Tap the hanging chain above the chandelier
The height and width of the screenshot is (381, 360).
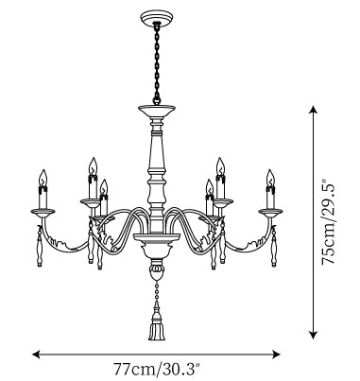[157, 63]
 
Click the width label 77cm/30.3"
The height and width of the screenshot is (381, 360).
[157, 369]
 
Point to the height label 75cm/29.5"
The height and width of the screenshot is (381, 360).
[328, 222]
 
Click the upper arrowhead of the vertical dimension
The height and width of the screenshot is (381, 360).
[313, 110]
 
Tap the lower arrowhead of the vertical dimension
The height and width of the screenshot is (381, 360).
[313, 335]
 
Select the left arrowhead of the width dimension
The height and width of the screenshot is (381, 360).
[36, 355]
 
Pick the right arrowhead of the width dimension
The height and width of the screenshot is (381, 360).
[276, 355]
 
